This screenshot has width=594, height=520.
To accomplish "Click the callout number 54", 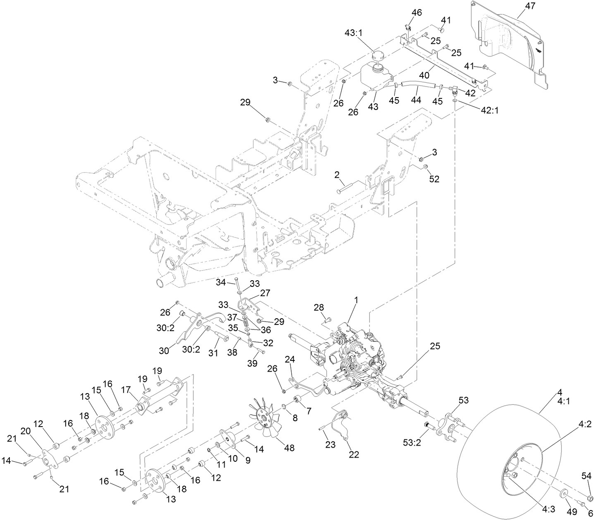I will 587,477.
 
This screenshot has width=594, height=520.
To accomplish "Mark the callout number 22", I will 353,454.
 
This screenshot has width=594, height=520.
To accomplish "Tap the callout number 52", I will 434,179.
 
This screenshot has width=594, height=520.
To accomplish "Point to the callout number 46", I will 417,12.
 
